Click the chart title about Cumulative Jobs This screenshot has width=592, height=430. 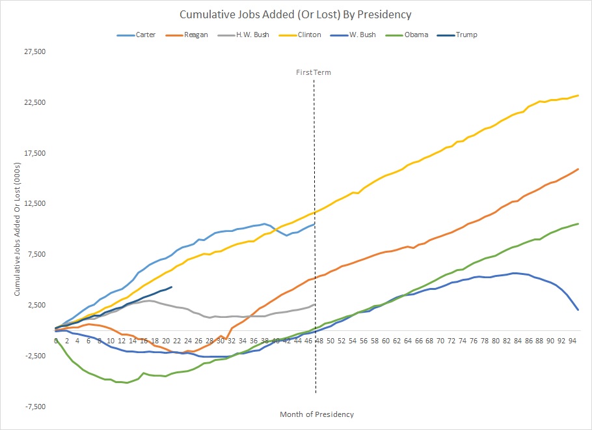pos(296,14)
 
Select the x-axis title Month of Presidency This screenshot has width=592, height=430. pos(317,414)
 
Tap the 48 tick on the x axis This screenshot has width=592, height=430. pos(319,340)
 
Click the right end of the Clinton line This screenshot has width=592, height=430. pos(578,96)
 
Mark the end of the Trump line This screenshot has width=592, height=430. pos(171,287)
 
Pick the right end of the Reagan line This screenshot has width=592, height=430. pos(578,169)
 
